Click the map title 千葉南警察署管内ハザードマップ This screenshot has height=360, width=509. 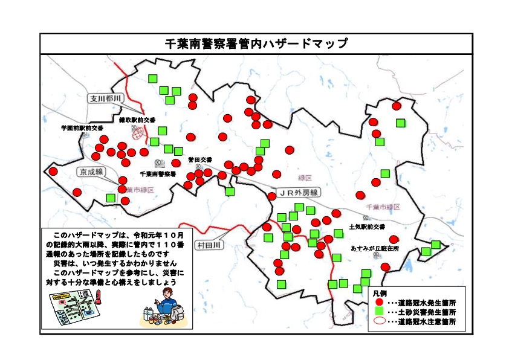(256, 43)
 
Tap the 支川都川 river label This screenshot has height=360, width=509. (105, 98)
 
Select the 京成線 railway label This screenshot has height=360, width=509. (91, 172)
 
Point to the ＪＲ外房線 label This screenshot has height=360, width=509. (297, 192)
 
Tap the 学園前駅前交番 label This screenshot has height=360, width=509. (82, 129)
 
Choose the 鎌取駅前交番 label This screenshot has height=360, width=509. (137, 120)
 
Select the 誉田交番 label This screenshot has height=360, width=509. (200, 160)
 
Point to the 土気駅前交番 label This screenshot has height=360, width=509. (367, 228)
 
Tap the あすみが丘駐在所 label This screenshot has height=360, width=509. (375, 248)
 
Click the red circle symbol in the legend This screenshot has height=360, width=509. (379, 301)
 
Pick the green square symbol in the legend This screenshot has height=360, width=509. (379, 312)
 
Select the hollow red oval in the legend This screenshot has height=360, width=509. (379, 321)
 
